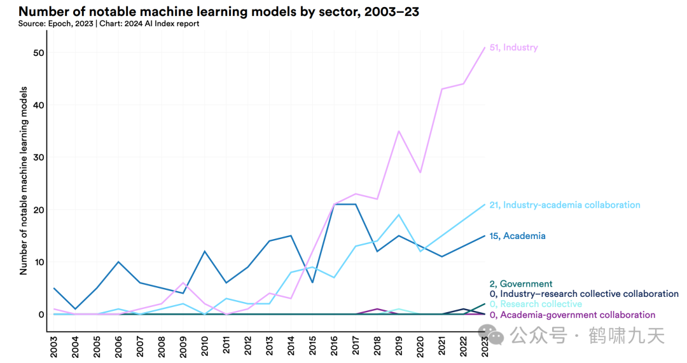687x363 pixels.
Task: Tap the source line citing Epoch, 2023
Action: tap(109, 24)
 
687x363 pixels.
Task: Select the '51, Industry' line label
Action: tap(513, 48)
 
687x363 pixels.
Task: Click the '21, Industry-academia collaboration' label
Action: tap(565, 205)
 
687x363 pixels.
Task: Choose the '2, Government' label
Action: tap(521, 284)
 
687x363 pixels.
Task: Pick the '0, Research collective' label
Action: tap(536, 304)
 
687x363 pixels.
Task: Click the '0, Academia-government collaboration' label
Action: tap(572, 315)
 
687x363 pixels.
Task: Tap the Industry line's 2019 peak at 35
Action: tap(398, 131)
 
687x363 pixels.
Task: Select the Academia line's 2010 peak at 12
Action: tap(205, 251)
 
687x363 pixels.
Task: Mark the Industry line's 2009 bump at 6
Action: tap(183, 283)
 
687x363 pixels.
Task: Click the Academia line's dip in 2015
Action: tap(312, 283)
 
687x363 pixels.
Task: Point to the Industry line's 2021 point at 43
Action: tap(441, 89)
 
